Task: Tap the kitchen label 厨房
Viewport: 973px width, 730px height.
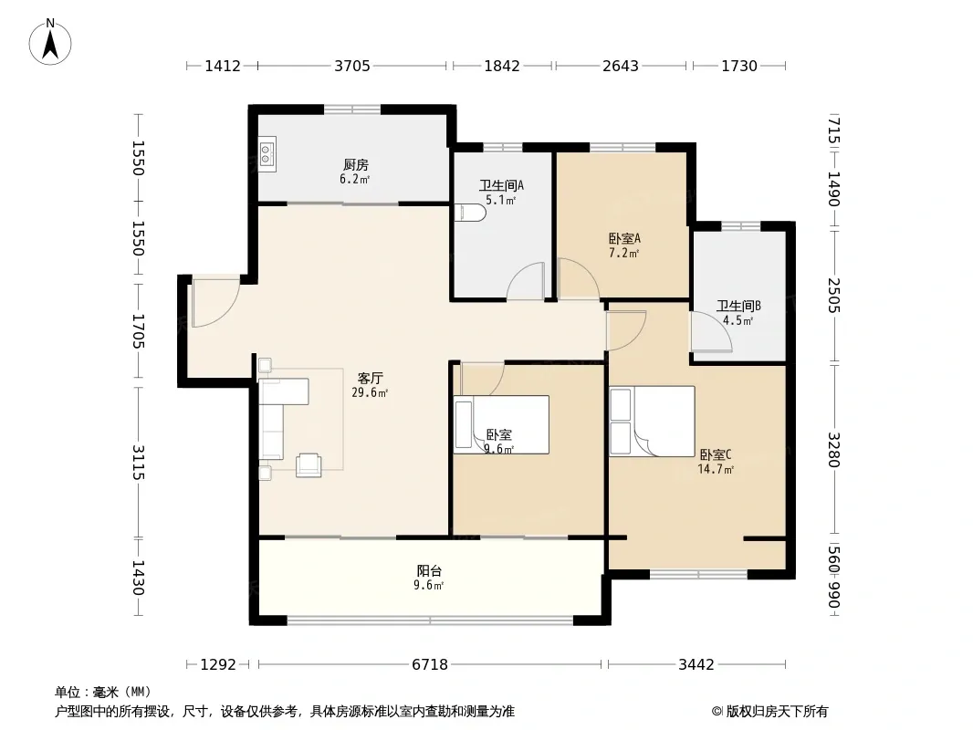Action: click(356, 164)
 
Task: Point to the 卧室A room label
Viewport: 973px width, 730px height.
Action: click(623, 238)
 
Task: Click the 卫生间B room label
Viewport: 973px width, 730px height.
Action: click(738, 306)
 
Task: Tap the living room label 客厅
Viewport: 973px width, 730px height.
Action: click(370, 378)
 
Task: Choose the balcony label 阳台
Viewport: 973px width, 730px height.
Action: click(429, 570)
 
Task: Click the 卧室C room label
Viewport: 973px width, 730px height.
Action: click(716, 454)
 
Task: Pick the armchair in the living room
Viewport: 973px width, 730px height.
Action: click(309, 465)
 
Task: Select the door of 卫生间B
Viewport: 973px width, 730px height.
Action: click(711, 332)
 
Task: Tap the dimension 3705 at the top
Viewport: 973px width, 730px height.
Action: click(351, 66)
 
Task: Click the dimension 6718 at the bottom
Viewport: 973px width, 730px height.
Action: click(429, 665)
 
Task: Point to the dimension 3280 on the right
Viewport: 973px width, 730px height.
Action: click(833, 450)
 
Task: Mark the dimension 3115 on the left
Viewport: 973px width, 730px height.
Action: click(138, 463)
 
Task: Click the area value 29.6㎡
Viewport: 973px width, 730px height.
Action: click(370, 392)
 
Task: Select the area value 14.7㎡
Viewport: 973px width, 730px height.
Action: click(716, 470)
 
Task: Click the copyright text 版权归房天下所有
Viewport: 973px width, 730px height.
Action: click(776, 712)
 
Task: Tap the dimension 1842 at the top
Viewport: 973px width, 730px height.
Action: click(501, 66)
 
